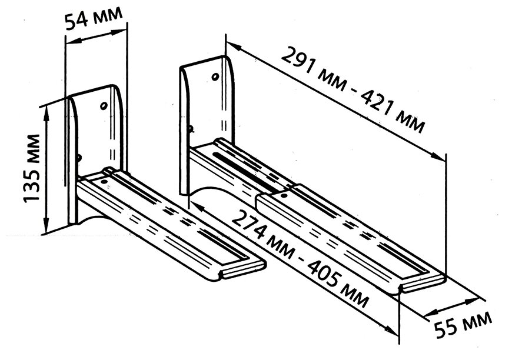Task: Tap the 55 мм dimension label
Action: pyautogui.click(x=463, y=328)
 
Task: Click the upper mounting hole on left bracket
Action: pyautogui.click(x=104, y=105)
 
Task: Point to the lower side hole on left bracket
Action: pyautogui.click(x=78, y=157)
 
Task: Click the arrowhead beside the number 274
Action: pyautogui.click(x=197, y=206)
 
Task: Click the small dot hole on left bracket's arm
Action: pyautogui.click(x=105, y=182)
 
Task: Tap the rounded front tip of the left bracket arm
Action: pyautogui.click(x=227, y=274)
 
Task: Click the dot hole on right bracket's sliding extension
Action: pyautogui.click(x=283, y=192)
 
